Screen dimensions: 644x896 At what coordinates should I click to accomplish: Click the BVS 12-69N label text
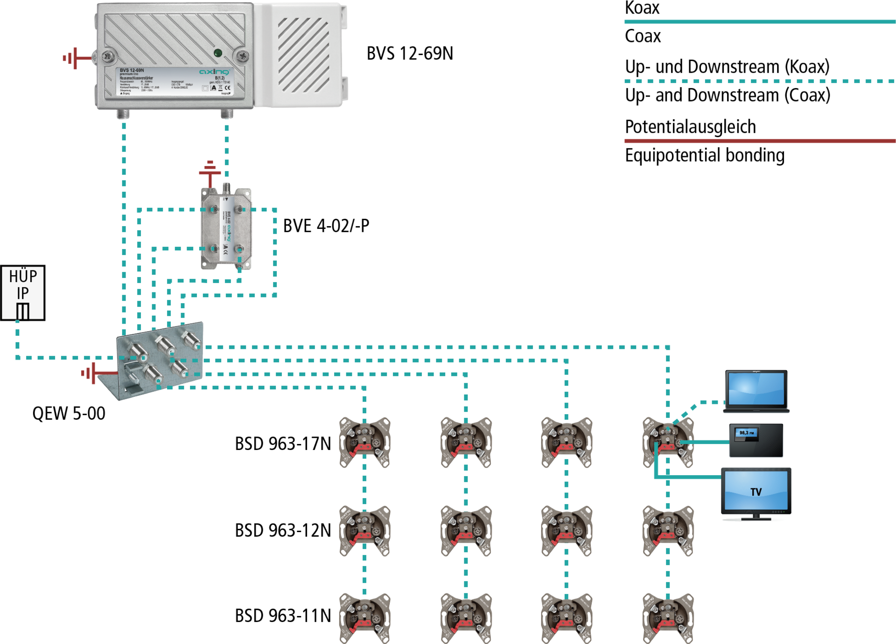[409, 54]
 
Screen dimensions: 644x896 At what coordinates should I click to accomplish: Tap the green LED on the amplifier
[217, 53]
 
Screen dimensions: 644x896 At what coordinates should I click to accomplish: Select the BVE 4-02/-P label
[326, 226]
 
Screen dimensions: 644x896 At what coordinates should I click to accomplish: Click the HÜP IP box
[22, 292]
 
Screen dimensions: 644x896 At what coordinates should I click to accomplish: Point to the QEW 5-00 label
[69, 413]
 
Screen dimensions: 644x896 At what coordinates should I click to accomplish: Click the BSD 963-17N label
[283, 443]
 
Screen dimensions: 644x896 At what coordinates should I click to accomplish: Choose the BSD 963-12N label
[283, 530]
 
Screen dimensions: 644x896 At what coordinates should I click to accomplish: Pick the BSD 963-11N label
[283, 616]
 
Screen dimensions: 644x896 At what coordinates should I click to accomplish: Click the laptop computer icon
[756, 391]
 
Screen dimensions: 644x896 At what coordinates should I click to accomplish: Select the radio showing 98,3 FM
[756, 440]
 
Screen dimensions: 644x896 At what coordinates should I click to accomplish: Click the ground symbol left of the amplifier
[75, 58]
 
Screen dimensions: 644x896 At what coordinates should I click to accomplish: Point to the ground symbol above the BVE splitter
[210, 170]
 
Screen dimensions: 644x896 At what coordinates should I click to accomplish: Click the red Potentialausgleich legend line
[760, 140]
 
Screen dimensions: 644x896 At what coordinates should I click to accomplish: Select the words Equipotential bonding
[704, 155]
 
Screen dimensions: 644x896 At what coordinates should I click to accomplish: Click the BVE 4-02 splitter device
[226, 229]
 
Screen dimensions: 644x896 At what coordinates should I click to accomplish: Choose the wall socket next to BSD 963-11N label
[364, 618]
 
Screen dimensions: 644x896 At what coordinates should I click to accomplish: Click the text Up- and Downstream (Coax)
[727, 95]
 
